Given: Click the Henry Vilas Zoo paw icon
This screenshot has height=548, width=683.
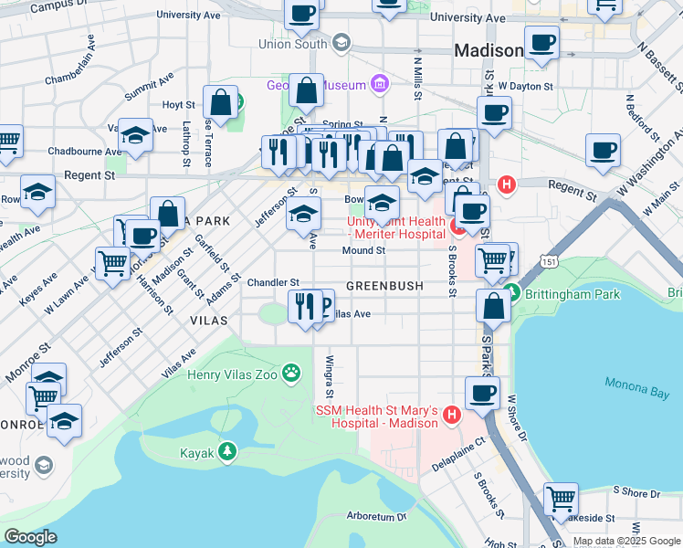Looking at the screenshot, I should click(x=291, y=372).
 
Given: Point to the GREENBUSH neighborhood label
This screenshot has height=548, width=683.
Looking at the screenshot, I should click(x=384, y=286).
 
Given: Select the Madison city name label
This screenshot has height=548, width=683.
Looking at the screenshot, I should click(x=489, y=51).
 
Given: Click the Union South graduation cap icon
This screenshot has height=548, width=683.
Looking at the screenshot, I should click(x=341, y=43).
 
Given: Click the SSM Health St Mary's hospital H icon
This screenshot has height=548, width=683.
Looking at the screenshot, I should click(x=450, y=417).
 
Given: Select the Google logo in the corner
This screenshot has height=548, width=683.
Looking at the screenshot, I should click(x=31, y=537).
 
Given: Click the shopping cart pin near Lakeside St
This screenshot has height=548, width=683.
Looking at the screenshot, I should click(x=561, y=499).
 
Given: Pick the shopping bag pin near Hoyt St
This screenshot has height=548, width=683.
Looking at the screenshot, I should click(x=220, y=100).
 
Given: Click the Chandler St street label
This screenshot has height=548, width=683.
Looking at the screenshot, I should click(x=273, y=282).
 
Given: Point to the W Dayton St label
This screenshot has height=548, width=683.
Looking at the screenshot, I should click(x=525, y=87).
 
